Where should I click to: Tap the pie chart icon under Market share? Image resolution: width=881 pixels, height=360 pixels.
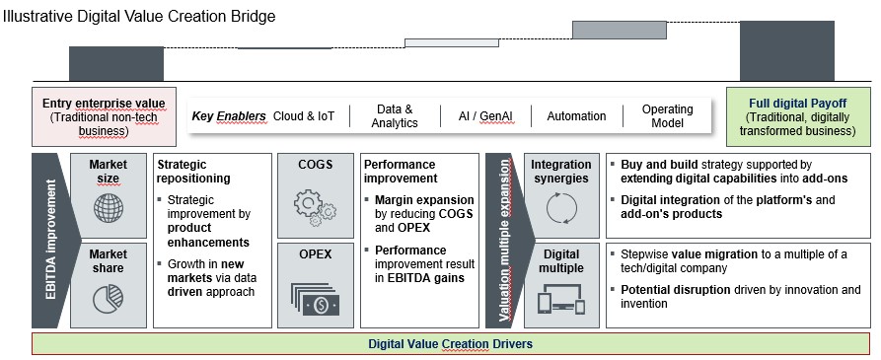pos(108,299)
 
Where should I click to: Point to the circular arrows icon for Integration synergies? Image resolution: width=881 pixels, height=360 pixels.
pos(560,209)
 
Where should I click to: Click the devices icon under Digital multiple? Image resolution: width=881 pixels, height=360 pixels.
pos(560,299)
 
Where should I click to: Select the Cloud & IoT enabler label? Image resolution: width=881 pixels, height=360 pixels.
pos(304,116)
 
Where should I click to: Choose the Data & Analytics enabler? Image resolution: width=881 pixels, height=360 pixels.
pos(395,116)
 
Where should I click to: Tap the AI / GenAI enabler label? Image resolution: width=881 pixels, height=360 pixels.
pos(485,116)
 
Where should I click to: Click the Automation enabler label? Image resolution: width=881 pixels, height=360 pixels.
pos(576,116)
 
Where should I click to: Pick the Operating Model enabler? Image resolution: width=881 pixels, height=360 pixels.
pos(668,116)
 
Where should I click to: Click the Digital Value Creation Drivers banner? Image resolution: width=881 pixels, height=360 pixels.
pos(451,344)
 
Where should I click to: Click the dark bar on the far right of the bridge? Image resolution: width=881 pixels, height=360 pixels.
pos(780,50)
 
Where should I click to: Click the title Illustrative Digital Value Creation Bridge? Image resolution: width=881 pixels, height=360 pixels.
pos(139,17)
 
